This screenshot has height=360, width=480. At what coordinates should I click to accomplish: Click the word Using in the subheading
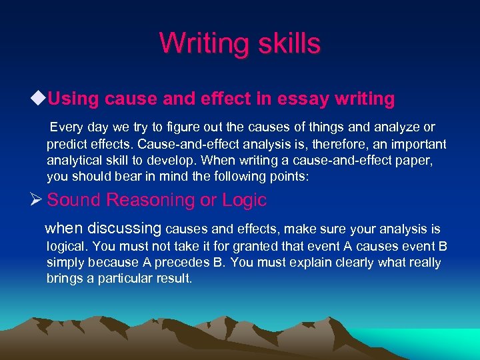click(73, 99)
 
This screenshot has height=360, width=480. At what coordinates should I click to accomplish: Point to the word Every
click(66, 127)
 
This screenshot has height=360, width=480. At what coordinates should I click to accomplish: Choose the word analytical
click(75, 161)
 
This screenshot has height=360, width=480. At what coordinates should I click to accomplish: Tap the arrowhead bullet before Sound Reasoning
click(39, 200)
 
